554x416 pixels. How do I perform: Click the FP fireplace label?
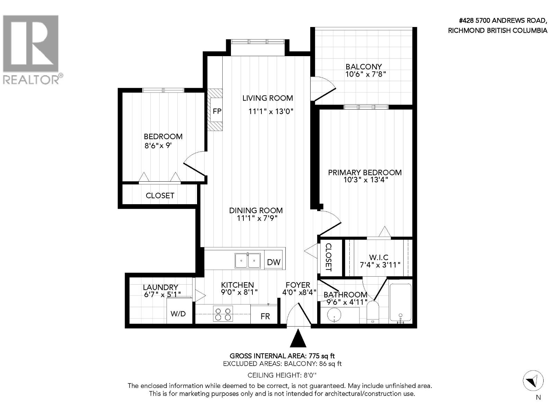coord(217,112)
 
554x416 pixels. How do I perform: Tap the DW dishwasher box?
coord(274,262)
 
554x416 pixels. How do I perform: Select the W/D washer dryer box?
coord(178,313)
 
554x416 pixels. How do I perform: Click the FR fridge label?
coord(265,316)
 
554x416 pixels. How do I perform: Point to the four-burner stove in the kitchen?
coord(223,314)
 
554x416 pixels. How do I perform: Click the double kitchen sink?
coord(248,261)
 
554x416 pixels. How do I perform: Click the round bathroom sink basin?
coord(334,316)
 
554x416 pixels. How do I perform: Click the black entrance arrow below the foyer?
coord(298,339)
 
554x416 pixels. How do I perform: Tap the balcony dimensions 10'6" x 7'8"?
coord(365,74)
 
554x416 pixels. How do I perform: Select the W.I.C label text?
coord(378,257)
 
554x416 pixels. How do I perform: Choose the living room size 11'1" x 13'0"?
coord(271,111)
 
